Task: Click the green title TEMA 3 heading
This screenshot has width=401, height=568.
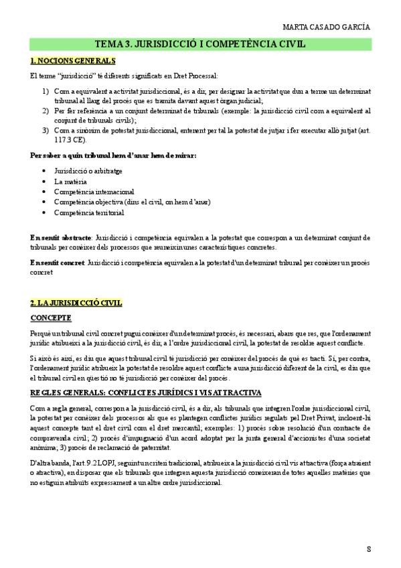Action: coord(200,44)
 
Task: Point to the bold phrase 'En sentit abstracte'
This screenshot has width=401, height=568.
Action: coord(61,237)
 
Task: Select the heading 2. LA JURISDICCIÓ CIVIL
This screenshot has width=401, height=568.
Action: coord(76,303)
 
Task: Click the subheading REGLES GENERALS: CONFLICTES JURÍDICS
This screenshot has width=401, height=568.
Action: coord(145,393)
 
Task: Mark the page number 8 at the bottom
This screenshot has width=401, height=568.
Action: coord(369,549)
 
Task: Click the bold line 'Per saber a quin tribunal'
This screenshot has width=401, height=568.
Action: coord(113,155)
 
